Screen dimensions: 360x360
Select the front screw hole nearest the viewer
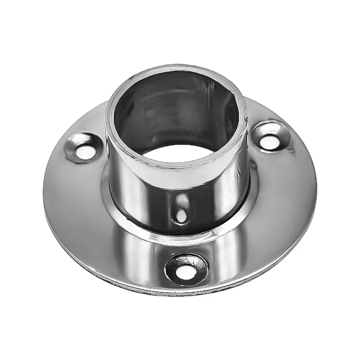click(184, 272)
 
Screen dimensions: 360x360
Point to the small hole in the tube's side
click(181, 214)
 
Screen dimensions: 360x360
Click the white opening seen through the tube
click(179, 153)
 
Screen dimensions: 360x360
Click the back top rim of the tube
click(178, 71)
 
